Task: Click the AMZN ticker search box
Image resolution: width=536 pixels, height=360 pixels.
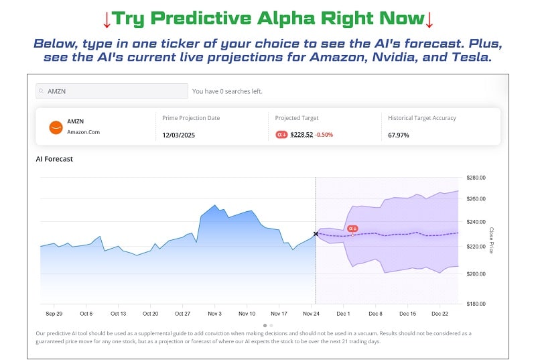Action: (112, 91)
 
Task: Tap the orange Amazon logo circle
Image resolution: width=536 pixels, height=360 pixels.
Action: (56, 127)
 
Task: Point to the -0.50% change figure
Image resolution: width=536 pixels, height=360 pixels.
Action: (324, 135)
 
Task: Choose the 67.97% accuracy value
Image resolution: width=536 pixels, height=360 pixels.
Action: (399, 135)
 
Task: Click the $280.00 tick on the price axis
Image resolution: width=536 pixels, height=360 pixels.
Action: (476, 178)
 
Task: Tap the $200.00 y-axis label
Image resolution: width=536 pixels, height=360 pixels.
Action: (476, 274)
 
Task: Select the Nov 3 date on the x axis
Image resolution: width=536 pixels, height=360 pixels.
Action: (214, 313)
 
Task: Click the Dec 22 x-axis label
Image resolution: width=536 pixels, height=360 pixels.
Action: (440, 313)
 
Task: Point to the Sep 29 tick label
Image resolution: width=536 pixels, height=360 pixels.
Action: (54, 313)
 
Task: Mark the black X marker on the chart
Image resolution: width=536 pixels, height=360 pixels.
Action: (316, 234)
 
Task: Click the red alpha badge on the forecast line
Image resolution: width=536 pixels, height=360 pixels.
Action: (352, 229)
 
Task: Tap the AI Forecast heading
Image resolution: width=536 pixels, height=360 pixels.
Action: (54, 159)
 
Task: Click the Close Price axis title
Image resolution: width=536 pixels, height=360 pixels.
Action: (491, 240)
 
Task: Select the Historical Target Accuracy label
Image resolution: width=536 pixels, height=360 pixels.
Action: (422, 118)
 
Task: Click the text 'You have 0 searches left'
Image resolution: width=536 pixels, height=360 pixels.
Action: (227, 91)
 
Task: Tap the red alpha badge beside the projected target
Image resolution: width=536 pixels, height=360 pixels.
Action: (282, 135)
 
